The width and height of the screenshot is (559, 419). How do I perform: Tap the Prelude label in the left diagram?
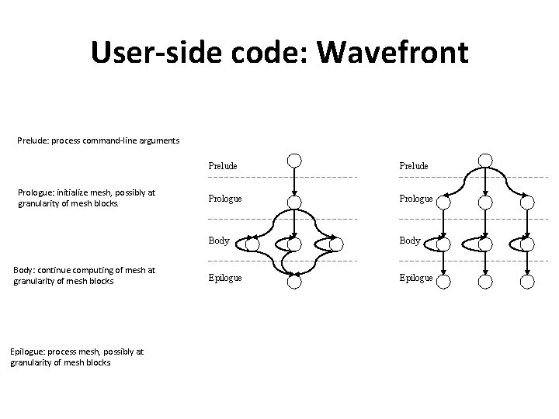point(223,166)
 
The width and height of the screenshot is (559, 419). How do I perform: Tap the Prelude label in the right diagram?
point(415,166)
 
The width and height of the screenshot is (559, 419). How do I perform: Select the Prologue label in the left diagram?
point(225,199)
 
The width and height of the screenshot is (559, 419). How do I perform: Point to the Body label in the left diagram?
point(218,241)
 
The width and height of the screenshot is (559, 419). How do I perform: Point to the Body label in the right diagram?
point(411,241)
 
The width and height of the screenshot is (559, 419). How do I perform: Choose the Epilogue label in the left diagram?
point(225,277)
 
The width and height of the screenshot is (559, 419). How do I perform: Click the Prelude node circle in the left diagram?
point(294,161)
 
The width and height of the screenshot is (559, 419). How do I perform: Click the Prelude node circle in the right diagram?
point(485,161)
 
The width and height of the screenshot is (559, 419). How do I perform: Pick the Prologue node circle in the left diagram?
point(294,203)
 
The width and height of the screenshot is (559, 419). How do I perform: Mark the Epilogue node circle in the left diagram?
point(294,282)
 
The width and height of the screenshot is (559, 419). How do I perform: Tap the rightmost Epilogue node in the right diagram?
point(527,282)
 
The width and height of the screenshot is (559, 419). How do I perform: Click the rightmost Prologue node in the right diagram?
point(527,203)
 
